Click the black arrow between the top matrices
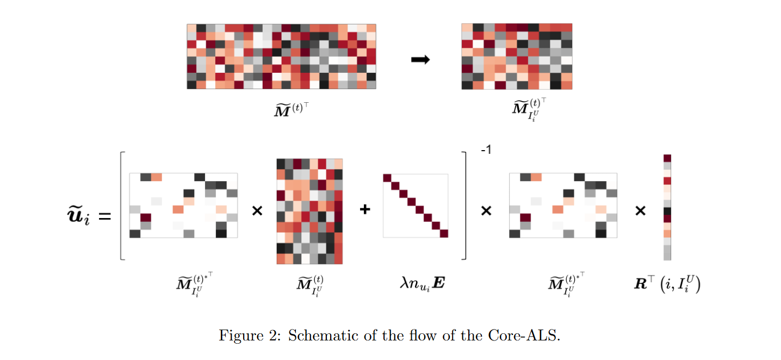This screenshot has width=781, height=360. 420,59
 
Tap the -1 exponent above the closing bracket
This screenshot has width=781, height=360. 486,150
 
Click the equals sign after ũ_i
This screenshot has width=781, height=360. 104,216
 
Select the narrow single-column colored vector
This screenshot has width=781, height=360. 667,207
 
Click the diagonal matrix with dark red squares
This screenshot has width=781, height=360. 415,206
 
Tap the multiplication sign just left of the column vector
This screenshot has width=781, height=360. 640,211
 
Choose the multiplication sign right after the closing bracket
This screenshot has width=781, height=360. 486,211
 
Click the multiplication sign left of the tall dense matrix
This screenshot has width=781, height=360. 257,211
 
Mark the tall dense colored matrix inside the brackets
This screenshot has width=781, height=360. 309,211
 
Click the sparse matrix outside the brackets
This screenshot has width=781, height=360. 563,206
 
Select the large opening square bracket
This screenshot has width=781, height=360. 123,207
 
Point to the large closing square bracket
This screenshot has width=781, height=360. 464,207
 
